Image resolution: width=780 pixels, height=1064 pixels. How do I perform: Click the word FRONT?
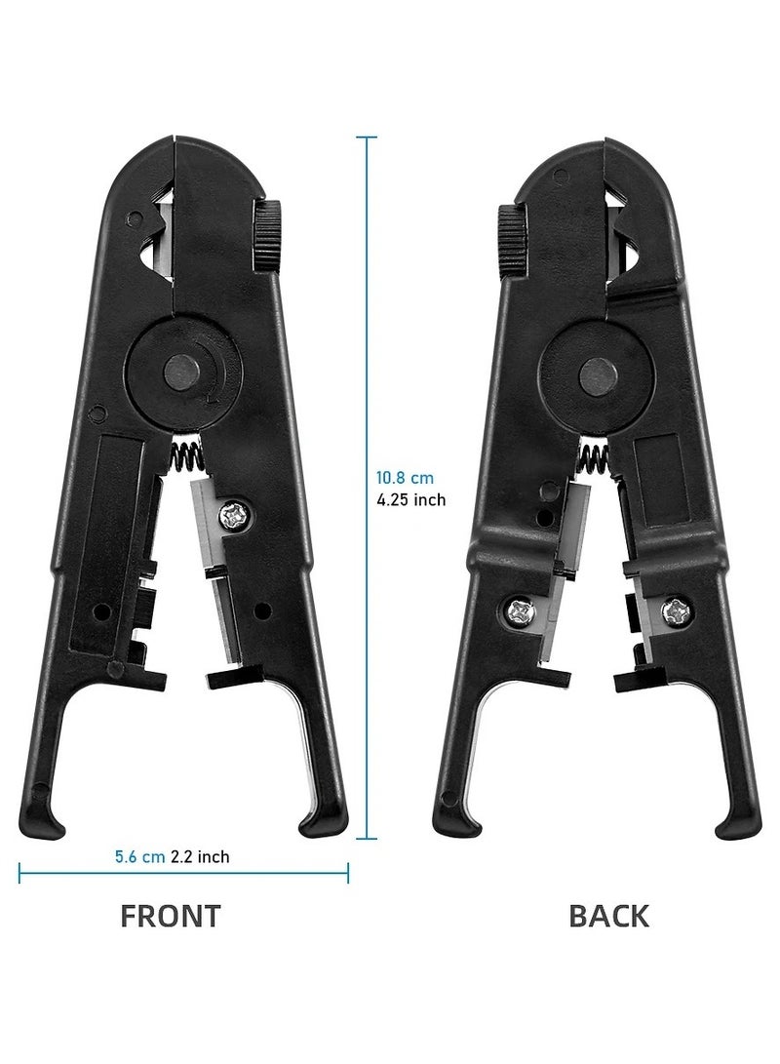(171, 916)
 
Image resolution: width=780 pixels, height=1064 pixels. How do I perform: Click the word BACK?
(608, 916)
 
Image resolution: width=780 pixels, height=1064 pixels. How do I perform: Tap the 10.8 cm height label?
(405, 479)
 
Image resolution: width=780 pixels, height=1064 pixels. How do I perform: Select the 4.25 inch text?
(410, 500)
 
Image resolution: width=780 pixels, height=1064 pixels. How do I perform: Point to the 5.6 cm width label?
(138, 857)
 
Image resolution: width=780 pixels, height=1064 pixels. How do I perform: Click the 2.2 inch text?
(200, 857)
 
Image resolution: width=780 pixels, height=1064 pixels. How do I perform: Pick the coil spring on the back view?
(594, 456)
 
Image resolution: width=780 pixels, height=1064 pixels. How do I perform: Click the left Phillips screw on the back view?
(518, 611)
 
